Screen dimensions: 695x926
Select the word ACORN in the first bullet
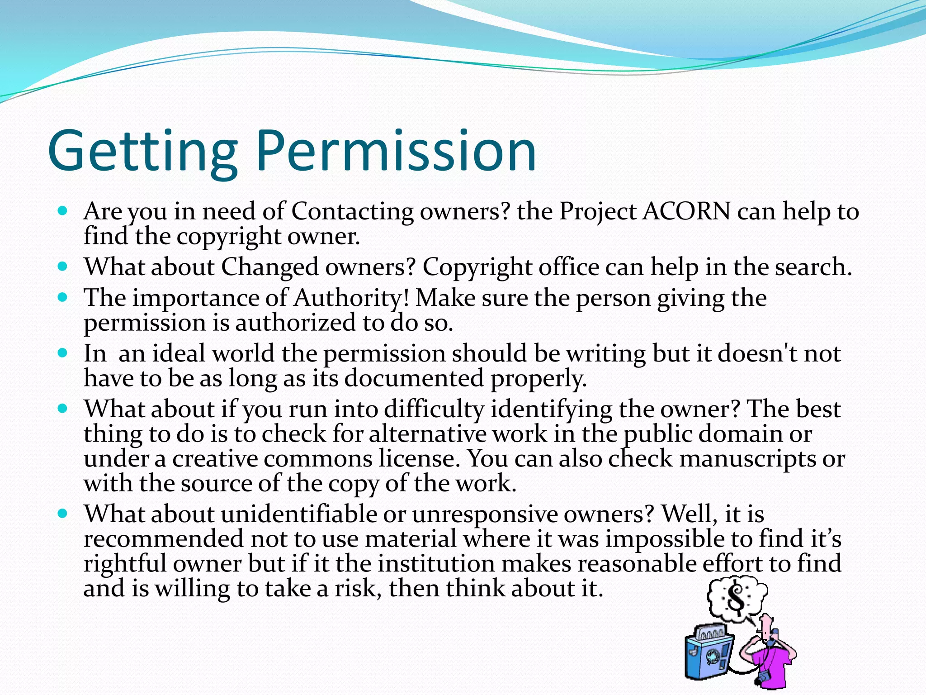(x=686, y=211)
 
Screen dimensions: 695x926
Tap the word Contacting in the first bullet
(x=352, y=211)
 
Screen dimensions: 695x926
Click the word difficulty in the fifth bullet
(x=434, y=409)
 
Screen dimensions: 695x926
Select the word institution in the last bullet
(x=436, y=564)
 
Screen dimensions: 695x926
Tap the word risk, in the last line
(x=358, y=589)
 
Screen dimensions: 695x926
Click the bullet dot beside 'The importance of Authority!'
(x=63, y=298)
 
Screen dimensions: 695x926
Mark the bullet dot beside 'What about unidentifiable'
(x=63, y=514)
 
